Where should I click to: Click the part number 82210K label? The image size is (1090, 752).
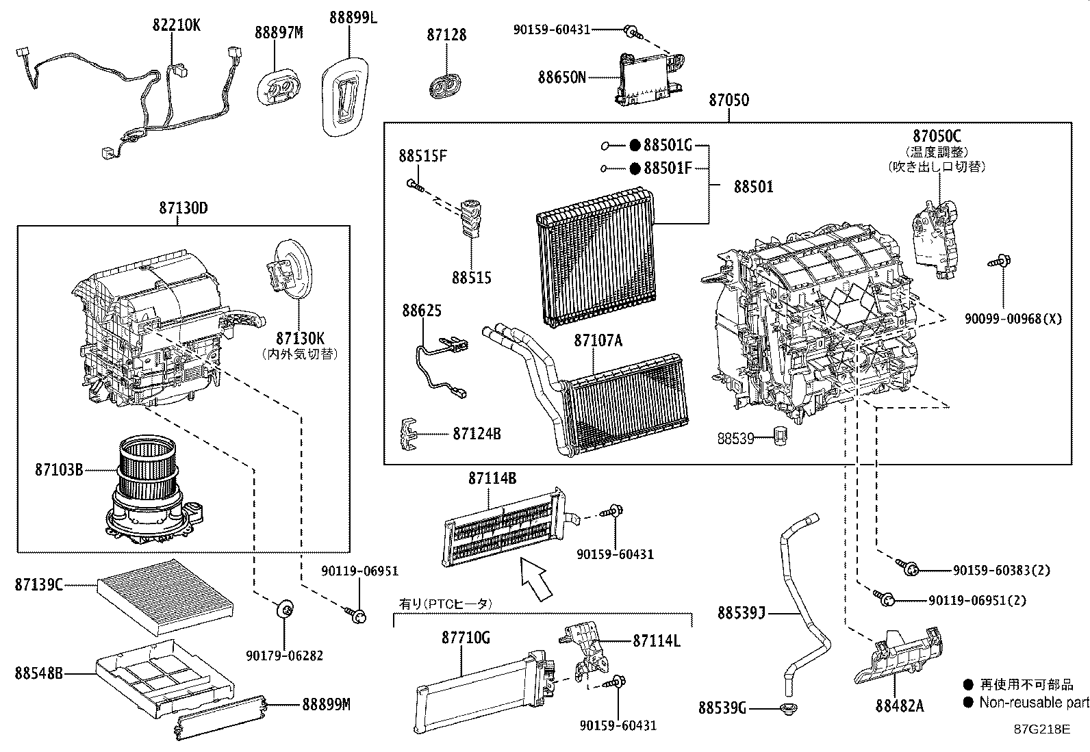[176, 25]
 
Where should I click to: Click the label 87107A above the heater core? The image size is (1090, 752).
[598, 340]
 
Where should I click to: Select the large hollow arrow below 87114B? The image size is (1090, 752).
[536, 579]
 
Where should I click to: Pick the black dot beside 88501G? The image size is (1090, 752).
[635, 145]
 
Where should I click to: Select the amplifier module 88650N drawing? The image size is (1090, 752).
[650, 79]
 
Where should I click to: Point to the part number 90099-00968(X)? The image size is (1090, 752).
[1013, 319]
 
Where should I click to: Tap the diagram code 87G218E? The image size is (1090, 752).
[1041, 729]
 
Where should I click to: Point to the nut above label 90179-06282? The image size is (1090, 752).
[285, 608]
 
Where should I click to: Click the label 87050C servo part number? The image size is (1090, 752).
[936, 135]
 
